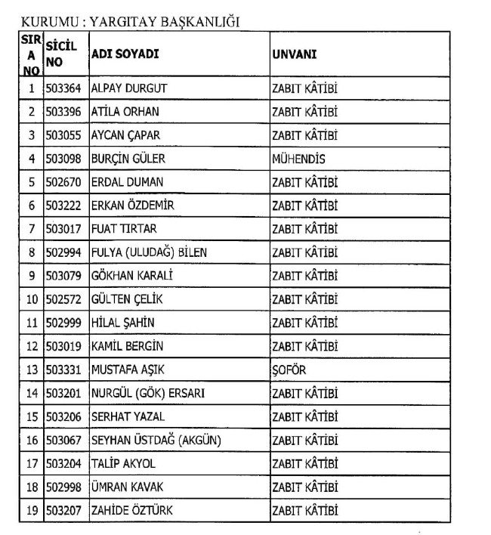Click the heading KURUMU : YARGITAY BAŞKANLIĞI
pyautogui.click(x=130, y=21)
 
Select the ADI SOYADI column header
pyautogui.click(x=125, y=54)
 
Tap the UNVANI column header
pyautogui.click(x=294, y=54)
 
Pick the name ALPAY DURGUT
pyautogui.click(x=128, y=88)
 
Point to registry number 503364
pyautogui.click(x=63, y=88)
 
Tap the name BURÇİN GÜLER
pyautogui.click(x=128, y=159)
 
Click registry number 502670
pyautogui.click(x=63, y=182)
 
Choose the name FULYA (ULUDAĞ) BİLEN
pyautogui.click(x=148, y=252)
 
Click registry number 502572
pyautogui.click(x=63, y=299)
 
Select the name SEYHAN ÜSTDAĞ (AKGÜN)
pyautogui.click(x=156, y=440)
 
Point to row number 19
pyautogui.click(x=32, y=510)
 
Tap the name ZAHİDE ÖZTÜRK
pyautogui.click(x=131, y=510)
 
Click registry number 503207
pyautogui.click(x=63, y=510)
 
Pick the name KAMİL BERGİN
pyautogui.click(x=127, y=346)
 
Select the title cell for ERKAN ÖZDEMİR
pyautogui.click(x=304, y=206)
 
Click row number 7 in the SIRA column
pyautogui.click(x=32, y=229)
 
